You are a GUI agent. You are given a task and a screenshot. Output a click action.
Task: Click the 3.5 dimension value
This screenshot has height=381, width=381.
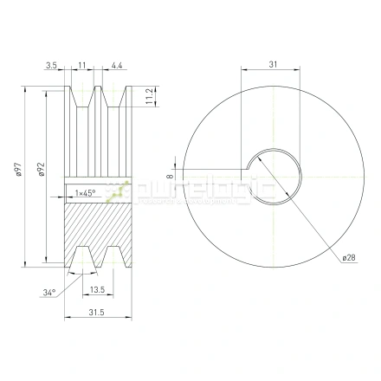tap(53, 65)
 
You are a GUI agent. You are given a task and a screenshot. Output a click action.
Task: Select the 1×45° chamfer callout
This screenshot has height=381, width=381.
tap(86, 192)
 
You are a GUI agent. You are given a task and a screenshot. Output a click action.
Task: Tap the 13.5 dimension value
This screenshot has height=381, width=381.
tap(96, 290)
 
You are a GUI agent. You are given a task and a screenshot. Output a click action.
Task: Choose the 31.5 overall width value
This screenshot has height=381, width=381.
tap(97, 313)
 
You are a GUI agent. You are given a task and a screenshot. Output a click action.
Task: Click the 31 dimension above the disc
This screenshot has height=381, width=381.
tap(273, 65)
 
